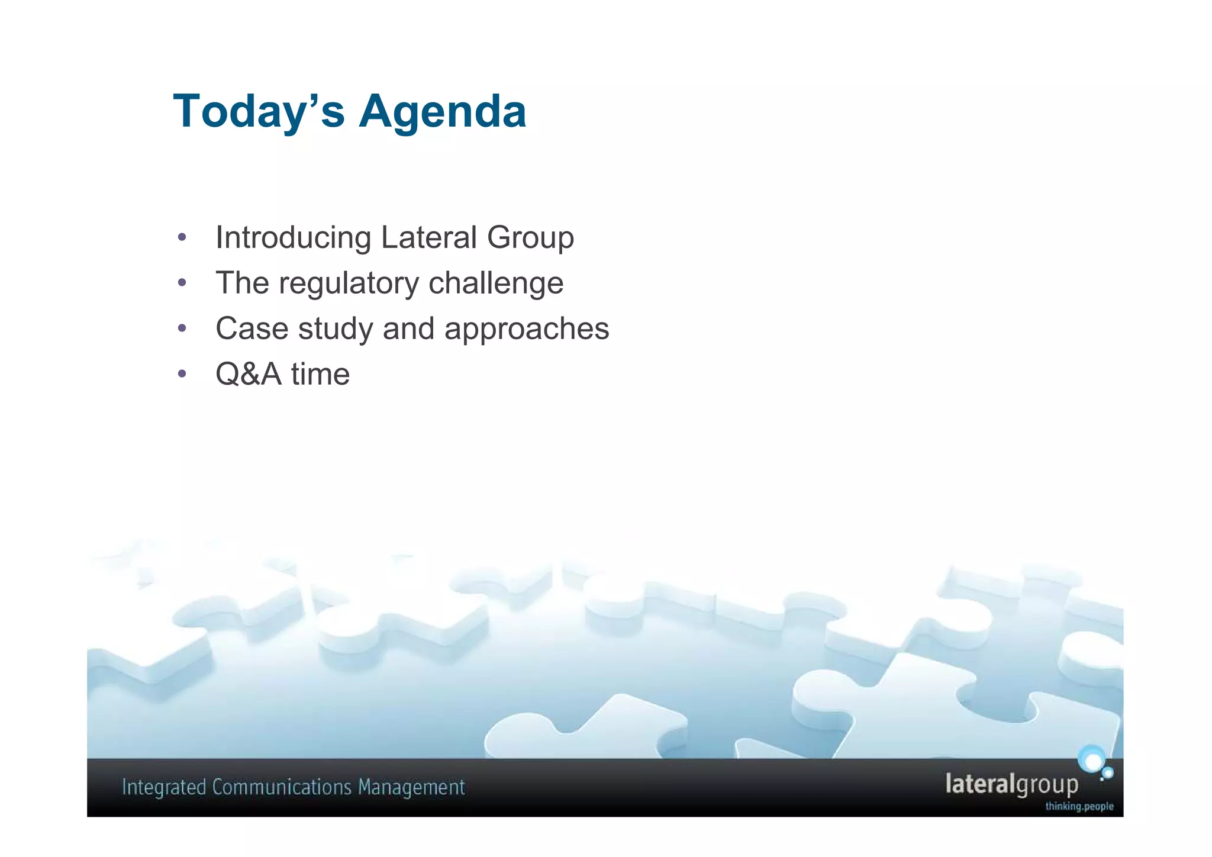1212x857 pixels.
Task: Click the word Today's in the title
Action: tap(258, 111)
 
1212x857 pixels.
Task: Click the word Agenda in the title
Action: tap(442, 111)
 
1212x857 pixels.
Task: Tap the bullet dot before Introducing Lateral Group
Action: tap(182, 237)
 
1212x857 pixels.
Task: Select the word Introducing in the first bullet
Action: tap(293, 238)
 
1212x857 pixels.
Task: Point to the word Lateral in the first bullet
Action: tap(428, 237)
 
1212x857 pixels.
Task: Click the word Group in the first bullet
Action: tap(530, 239)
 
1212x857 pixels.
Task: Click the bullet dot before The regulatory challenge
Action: tap(182, 283)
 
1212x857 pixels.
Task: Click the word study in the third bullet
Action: tap(335, 330)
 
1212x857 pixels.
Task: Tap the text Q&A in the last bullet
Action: tap(248, 375)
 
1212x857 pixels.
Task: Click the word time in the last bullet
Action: tap(320, 375)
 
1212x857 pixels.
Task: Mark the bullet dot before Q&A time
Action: tap(182, 374)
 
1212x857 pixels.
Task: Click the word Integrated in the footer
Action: tap(163, 788)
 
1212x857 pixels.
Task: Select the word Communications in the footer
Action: tap(282, 787)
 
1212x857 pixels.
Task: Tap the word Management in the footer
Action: tap(411, 788)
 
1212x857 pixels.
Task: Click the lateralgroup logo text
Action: tap(1011, 784)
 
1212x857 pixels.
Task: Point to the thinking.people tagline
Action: tap(1079, 806)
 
